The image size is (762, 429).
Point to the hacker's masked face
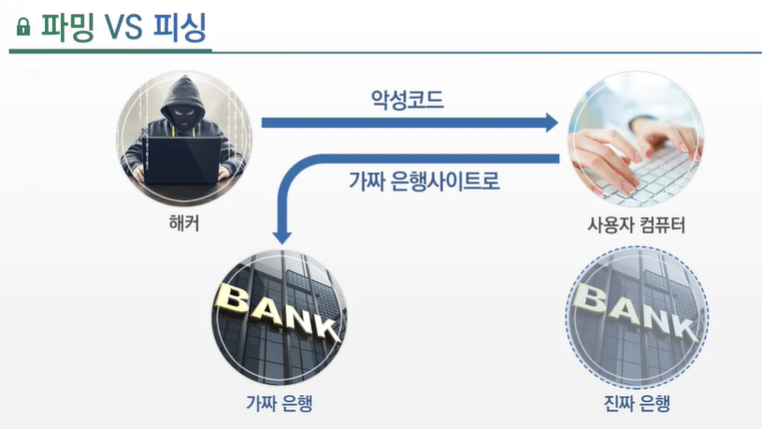(181, 110)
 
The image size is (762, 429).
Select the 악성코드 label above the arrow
(407, 98)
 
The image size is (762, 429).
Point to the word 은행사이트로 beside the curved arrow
(440, 179)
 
